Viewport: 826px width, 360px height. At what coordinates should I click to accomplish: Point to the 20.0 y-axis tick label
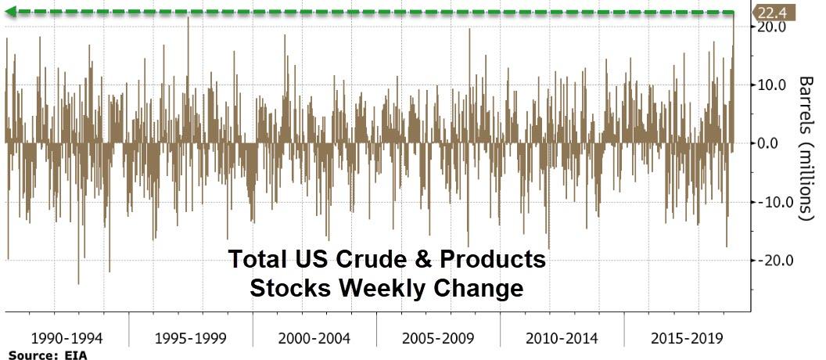(x=772, y=27)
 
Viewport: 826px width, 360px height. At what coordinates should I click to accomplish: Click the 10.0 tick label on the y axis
(x=772, y=85)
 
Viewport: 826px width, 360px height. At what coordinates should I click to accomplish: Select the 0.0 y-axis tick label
(x=775, y=143)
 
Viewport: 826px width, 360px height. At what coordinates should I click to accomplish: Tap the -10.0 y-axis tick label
(x=770, y=202)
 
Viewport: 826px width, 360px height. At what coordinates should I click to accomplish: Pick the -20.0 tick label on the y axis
(x=770, y=261)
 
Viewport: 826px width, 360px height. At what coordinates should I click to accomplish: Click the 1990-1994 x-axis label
(x=67, y=338)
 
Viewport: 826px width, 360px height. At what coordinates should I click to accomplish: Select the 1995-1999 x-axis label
(x=191, y=338)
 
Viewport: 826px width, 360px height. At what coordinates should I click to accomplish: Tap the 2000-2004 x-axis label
(x=314, y=338)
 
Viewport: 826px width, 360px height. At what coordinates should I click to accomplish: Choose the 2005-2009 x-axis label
(x=438, y=338)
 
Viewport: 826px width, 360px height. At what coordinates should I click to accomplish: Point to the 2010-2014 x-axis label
(x=562, y=338)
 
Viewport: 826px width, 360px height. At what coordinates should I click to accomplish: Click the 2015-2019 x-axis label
(x=685, y=338)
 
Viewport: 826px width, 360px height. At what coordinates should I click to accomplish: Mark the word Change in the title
(x=477, y=289)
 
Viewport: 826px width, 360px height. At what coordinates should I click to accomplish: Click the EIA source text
(x=77, y=355)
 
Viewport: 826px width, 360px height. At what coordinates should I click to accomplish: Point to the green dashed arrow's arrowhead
(x=12, y=12)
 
